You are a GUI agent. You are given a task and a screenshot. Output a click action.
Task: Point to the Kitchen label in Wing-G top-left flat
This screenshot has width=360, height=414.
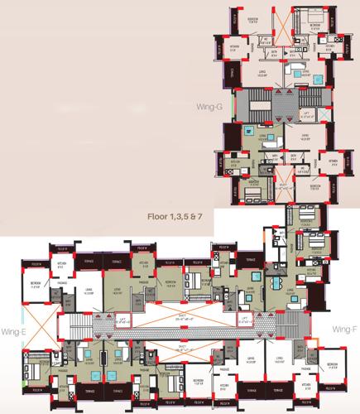[234, 46]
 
